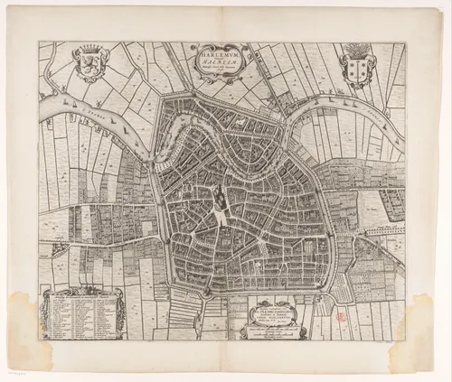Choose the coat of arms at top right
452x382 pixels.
click(357, 67)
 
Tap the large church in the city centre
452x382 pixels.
click(219, 195)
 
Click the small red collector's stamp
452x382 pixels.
click(341, 317)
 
